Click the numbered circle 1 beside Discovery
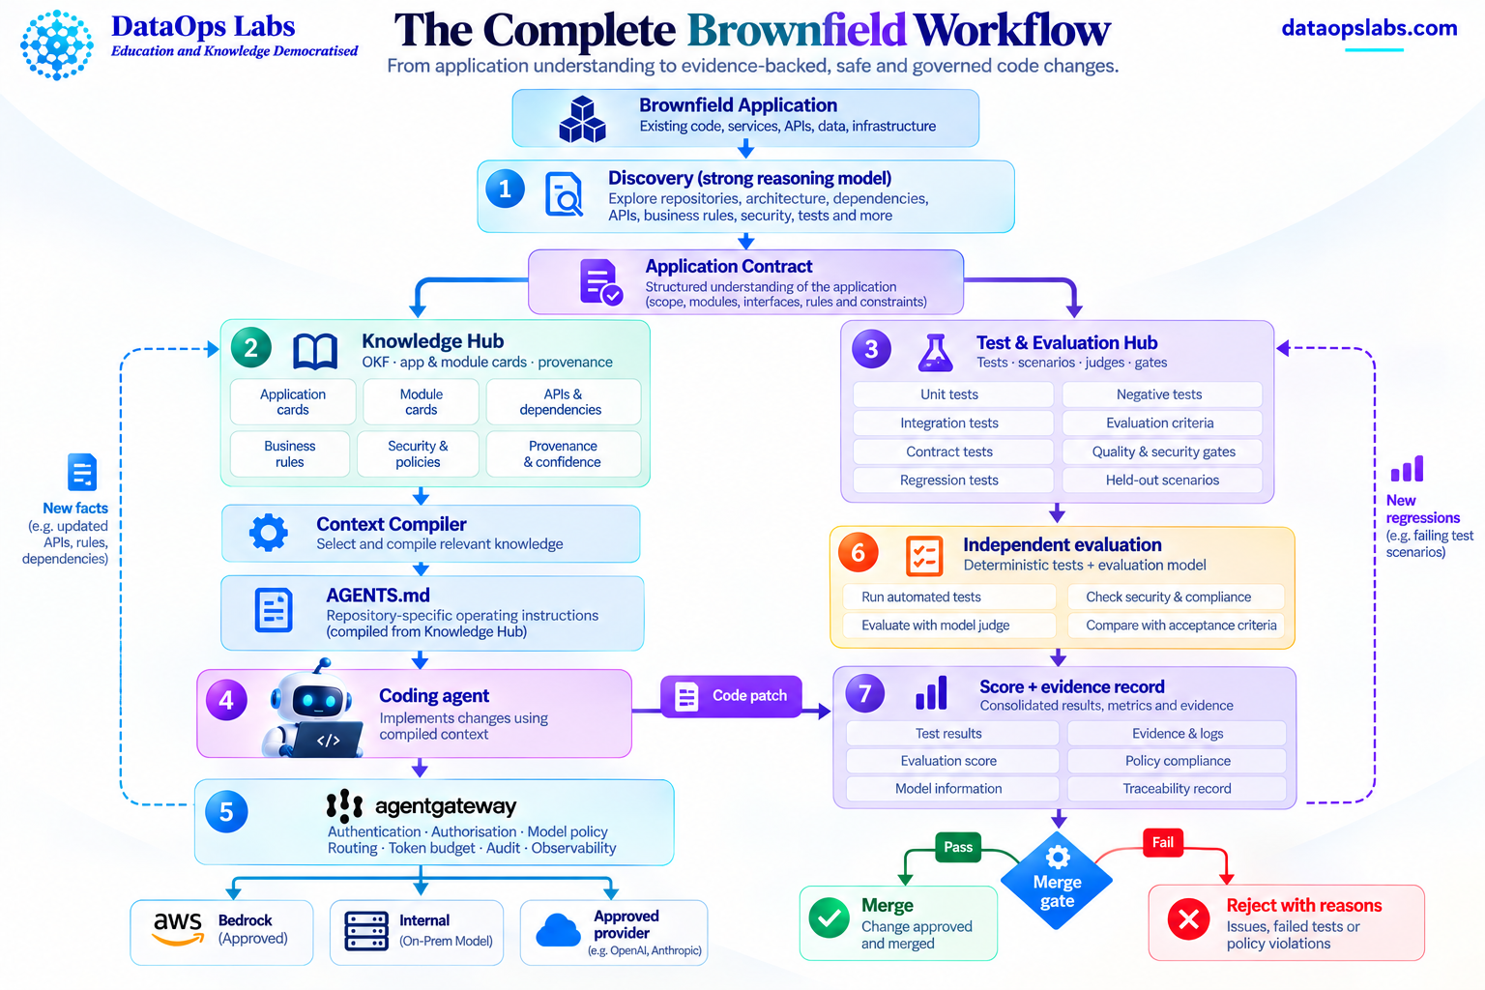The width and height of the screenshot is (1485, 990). pyautogui.click(x=506, y=189)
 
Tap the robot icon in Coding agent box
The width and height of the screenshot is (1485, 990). pyautogui.click(x=312, y=710)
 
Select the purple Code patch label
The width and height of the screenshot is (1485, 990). pyautogui.click(x=731, y=695)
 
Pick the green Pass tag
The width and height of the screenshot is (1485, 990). pyautogui.click(x=958, y=847)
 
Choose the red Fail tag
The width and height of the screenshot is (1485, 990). pyautogui.click(x=1163, y=843)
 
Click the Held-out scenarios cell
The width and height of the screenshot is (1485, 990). pyautogui.click(x=1162, y=480)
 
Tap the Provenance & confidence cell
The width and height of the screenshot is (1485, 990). pyautogui.click(x=563, y=454)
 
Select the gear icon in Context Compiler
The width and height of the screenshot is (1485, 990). pyautogui.click(x=269, y=533)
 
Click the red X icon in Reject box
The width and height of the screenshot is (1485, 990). pyautogui.click(x=1188, y=919)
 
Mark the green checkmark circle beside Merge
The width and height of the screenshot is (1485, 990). pyautogui.click(x=830, y=918)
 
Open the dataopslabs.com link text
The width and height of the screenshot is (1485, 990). pyautogui.click(x=1369, y=28)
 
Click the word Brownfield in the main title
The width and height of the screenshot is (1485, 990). pyautogui.click(x=797, y=30)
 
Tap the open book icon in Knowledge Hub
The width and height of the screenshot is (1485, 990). pyautogui.click(x=315, y=351)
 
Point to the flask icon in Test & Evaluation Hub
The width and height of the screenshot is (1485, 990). pyautogui.click(x=936, y=352)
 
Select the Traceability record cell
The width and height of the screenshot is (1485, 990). pyautogui.click(x=1177, y=788)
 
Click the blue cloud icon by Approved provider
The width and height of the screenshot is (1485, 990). pyautogui.click(x=558, y=930)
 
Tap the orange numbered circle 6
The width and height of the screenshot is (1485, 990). pyautogui.click(x=859, y=552)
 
